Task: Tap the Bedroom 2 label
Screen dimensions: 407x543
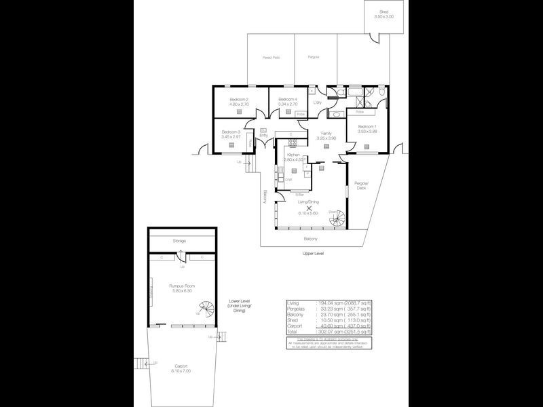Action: [238, 100]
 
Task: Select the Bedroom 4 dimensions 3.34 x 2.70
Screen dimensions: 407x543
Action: [287, 105]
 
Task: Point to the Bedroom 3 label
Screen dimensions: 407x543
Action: [231, 132]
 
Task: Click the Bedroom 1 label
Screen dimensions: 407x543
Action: [367, 127]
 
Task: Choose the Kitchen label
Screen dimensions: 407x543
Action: [293, 155]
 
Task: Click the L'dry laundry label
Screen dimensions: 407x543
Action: [317, 102]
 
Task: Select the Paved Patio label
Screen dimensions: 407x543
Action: [271, 58]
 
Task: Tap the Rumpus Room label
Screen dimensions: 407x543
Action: [182, 286]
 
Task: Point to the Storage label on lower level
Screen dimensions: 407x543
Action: [179, 241]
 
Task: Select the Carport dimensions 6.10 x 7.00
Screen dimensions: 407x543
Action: [181, 371]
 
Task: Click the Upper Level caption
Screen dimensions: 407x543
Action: [314, 253]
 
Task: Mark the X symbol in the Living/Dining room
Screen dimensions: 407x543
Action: [309, 209]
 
